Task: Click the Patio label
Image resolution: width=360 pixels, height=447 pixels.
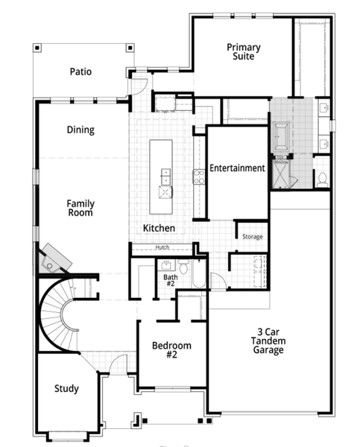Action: pyautogui.click(x=80, y=72)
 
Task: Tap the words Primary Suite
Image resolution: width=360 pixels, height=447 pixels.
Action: pyautogui.click(x=244, y=51)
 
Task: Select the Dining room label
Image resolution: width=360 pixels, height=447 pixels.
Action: pyautogui.click(x=80, y=130)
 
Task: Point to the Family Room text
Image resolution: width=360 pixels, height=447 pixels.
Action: pyautogui.click(x=80, y=208)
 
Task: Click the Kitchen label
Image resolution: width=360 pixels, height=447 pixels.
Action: pyautogui.click(x=159, y=227)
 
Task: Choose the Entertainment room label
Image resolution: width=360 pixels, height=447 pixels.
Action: pyautogui.click(x=237, y=168)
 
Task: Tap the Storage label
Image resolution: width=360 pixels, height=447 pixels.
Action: pyautogui.click(x=252, y=237)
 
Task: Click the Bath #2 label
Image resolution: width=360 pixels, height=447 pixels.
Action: pyautogui.click(x=171, y=281)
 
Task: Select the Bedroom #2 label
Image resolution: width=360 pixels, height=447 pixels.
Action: pyautogui.click(x=171, y=350)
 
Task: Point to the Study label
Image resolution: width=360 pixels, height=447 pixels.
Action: pyautogui.click(x=66, y=388)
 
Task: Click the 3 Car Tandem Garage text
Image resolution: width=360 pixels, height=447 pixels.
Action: pyautogui.click(x=267, y=340)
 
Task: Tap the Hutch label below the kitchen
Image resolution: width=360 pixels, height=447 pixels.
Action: pyautogui.click(x=162, y=248)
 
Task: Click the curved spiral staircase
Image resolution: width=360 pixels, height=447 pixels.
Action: pyautogui.click(x=63, y=317)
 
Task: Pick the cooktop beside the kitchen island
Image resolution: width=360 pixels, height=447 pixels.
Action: pyautogui.click(x=199, y=177)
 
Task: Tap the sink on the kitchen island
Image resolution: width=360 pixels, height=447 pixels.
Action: pyautogui.click(x=165, y=177)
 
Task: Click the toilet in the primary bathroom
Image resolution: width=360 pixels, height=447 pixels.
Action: pyautogui.click(x=322, y=178)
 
